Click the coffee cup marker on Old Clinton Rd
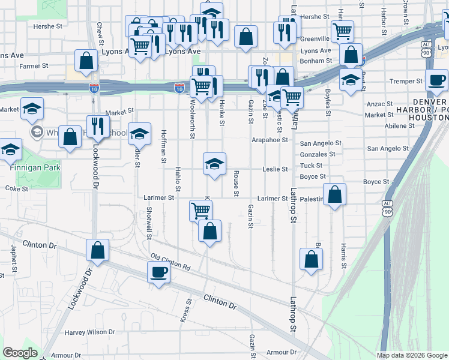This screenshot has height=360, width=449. coord(159,272)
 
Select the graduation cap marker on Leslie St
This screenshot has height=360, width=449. coord(214,163)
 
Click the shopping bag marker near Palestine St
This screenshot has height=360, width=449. coord(336,194)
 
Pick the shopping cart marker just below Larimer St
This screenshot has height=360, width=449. coord(200,211)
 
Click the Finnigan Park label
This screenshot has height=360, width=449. coord(35,168)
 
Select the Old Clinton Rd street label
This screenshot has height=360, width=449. coord(170,262)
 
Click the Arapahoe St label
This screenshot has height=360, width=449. coord(270,140)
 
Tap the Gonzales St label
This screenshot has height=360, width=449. coord(318,154)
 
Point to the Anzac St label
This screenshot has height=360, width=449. coord(379,104)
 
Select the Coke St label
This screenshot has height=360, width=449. coord(13,188)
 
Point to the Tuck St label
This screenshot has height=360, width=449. coord(311,166)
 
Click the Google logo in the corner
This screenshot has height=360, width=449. coord(20,353)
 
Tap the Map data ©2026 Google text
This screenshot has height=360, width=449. coord(412,355)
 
